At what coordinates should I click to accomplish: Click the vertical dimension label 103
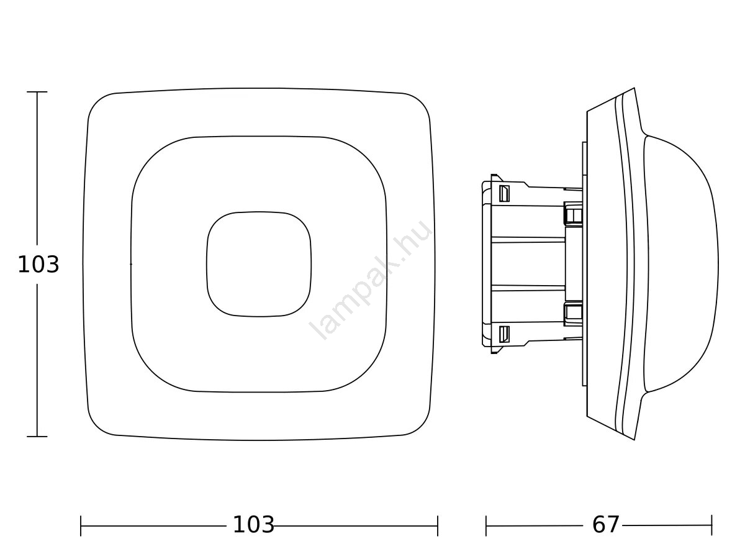click(38, 265)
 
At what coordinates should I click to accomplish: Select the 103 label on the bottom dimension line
click(253, 524)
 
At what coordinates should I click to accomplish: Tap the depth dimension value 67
click(605, 524)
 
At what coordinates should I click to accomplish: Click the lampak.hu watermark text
click(370, 279)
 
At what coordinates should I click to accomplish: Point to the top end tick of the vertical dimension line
click(37, 92)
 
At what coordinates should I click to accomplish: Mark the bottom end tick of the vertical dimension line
click(37, 437)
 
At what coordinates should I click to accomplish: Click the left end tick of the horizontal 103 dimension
click(81, 525)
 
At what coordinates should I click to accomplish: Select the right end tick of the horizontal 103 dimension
click(438, 525)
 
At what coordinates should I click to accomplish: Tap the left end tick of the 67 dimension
click(486, 525)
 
